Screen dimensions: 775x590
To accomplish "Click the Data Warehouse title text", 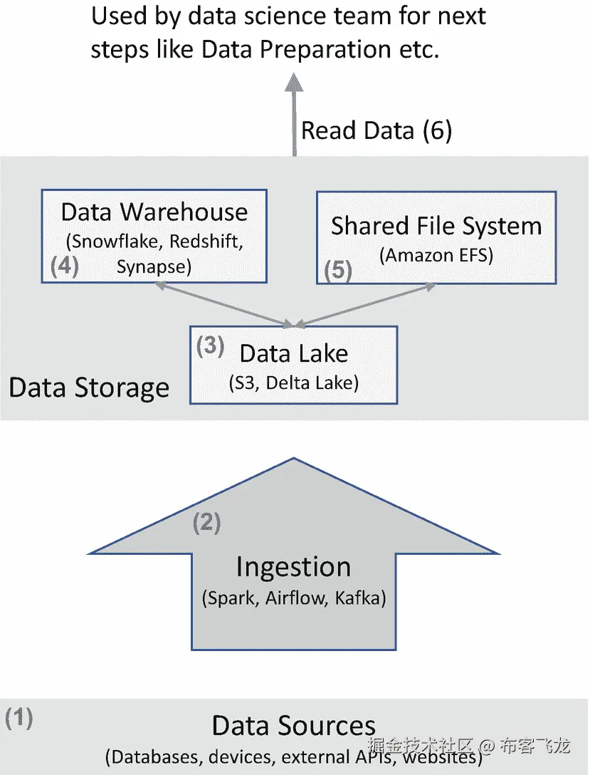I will (154, 212).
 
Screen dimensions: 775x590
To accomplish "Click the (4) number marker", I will (64, 266).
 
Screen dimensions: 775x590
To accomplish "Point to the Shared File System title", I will (436, 227).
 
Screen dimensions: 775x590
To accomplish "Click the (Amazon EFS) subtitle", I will (436, 255).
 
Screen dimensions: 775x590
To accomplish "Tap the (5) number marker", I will (338, 271).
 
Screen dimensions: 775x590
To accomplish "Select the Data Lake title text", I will (294, 353).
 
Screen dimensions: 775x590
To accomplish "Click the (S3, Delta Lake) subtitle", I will (293, 383).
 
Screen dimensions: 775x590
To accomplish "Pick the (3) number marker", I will (210, 346).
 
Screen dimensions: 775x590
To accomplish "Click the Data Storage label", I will (89, 388).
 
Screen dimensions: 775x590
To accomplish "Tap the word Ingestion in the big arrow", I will (293, 568).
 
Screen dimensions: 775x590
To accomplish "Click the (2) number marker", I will (207, 524).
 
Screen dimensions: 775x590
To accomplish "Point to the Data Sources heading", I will (293, 726).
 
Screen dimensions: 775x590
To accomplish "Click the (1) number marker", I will (19, 718).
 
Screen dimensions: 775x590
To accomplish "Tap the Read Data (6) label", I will (376, 131).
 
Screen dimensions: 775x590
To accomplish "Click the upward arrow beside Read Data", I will (293, 114).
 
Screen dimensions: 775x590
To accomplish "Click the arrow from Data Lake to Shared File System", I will (363, 305).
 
